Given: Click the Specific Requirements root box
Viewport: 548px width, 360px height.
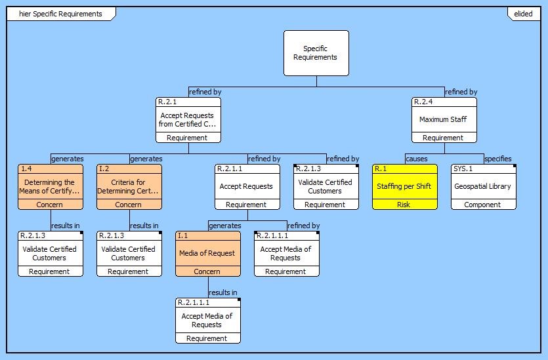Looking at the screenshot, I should click(316, 53).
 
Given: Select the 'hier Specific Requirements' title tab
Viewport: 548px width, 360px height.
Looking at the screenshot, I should click(61, 14).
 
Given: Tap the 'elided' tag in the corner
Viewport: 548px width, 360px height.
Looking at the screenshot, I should click(523, 14).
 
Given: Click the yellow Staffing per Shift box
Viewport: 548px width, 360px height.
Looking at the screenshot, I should click(404, 187).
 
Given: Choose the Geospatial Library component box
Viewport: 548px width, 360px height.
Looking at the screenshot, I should click(483, 187).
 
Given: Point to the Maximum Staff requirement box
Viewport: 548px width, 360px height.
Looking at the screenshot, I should click(444, 120).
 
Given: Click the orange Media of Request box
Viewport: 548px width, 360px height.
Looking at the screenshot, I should click(207, 254).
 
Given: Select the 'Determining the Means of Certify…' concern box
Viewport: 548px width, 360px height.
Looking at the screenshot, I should click(50, 187).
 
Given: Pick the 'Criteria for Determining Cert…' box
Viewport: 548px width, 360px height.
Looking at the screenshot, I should click(129, 187).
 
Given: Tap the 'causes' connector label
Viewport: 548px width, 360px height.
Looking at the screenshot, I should click(416, 159).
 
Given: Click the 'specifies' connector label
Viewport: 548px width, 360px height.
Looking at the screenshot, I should click(497, 159).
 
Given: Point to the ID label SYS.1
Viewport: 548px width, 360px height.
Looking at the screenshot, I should click(463, 169).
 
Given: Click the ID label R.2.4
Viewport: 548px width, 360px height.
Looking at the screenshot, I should click(423, 102).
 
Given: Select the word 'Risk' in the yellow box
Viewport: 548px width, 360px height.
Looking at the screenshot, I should click(404, 205).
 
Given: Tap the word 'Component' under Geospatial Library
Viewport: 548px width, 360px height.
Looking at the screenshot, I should click(483, 205).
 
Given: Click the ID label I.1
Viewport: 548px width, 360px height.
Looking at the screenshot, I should click(182, 235).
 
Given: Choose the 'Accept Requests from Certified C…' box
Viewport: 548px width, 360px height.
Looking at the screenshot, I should click(188, 120).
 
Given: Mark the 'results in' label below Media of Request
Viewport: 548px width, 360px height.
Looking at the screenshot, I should click(223, 292).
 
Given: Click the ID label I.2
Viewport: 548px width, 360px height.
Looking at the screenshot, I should click(104, 169).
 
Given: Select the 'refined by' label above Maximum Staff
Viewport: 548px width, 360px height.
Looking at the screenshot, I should click(461, 92).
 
